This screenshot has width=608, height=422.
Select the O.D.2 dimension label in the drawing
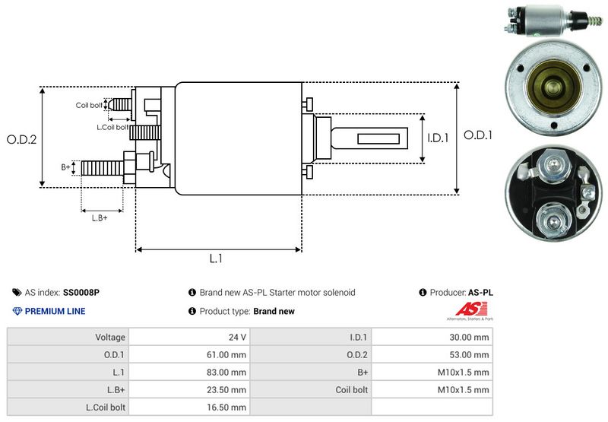pos(22,140)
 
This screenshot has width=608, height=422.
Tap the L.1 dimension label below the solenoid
pos(216,259)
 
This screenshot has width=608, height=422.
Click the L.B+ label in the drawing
pos(100,218)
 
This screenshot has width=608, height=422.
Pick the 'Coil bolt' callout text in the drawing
pos(89,105)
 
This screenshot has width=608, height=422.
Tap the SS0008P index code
pos(81,292)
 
